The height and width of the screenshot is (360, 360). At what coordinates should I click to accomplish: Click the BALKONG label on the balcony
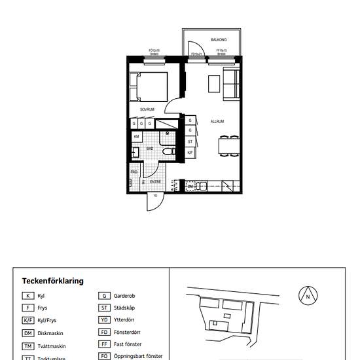(x=218, y=40)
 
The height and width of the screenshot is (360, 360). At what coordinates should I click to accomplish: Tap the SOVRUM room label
(x=147, y=109)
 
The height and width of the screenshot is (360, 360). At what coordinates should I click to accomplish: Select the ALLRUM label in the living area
(x=217, y=122)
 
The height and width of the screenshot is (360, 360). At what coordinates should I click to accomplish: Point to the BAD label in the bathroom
(x=150, y=149)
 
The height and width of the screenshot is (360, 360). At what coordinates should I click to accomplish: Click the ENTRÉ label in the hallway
(x=155, y=181)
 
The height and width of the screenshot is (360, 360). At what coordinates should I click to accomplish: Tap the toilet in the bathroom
(x=169, y=151)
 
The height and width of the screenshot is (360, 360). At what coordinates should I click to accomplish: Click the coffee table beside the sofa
(x=214, y=84)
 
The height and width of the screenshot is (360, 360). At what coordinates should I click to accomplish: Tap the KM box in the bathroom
(x=137, y=136)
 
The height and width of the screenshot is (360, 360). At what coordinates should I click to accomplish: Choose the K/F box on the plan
(x=190, y=152)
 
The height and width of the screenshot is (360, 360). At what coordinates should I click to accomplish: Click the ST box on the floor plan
(x=190, y=141)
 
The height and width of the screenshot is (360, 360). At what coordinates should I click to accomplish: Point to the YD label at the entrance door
(x=155, y=196)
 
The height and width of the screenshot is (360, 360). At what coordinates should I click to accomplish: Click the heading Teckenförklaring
(x=52, y=281)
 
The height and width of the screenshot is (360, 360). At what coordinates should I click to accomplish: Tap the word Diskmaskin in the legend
(x=50, y=333)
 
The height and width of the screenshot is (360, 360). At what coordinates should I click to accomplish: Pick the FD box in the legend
(x=103, y=332)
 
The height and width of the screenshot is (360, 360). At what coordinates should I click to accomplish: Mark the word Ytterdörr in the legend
(x=126, y=320)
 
